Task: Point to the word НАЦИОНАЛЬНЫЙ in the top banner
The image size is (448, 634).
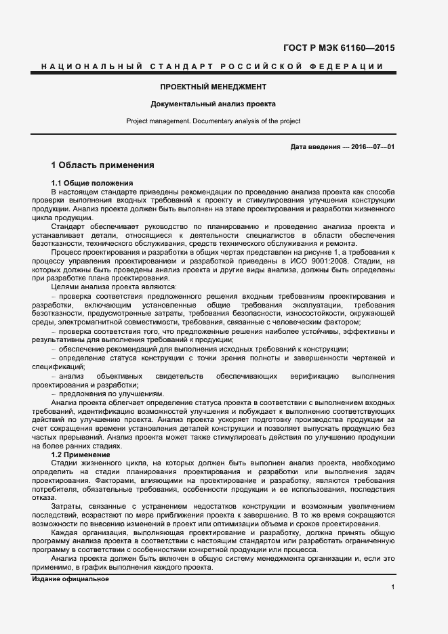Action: tap(87, 66)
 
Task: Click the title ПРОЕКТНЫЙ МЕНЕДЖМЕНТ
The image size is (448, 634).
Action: tap(213, 87)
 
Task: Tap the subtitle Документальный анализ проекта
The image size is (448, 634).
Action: tap(213, 105)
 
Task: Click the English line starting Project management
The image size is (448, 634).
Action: tap(213, 121)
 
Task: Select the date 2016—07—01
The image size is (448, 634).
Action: tap(371, 147)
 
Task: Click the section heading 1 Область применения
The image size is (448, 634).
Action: tap(103, 165)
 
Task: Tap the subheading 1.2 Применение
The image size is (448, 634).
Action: tap(85, 455)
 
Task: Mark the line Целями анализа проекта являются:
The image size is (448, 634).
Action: tap(104, 287)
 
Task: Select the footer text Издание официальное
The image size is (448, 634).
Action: tap(70, 580)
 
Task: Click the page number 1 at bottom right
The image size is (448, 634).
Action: tap(392, 587)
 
